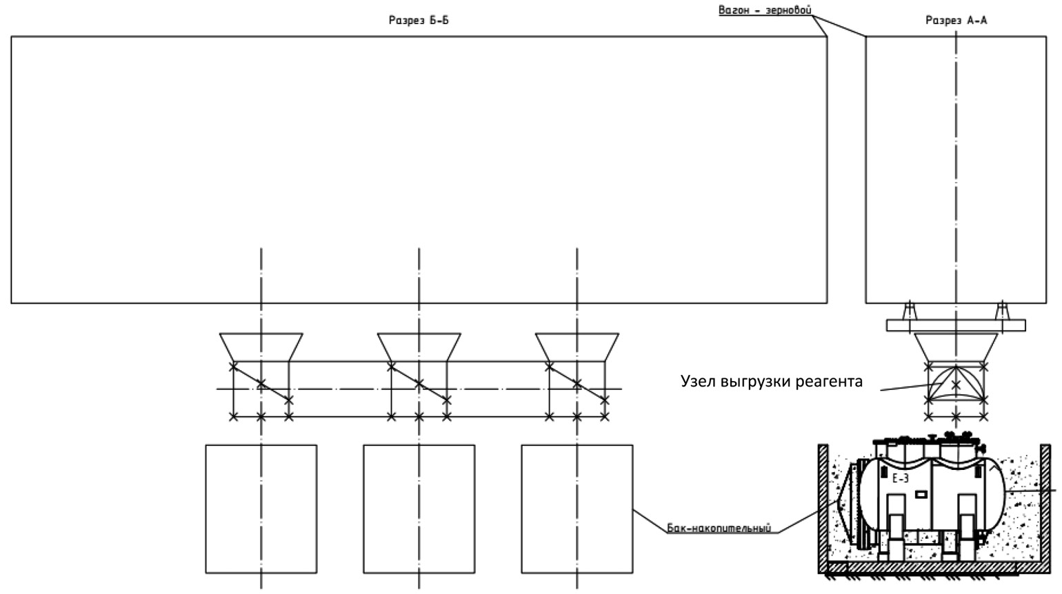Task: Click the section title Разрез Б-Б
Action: (x=419, y=21)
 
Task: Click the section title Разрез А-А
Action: (x=956, y=21)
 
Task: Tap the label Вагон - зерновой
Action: (x=765, y=10)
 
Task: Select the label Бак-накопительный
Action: (x=719, y=529)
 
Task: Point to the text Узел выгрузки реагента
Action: (x=771, y=381)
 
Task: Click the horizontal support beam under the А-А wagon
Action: (x=956, y=325)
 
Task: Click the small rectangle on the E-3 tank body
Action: (x=921, y=494)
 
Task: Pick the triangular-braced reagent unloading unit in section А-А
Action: (x=956, y=384)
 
